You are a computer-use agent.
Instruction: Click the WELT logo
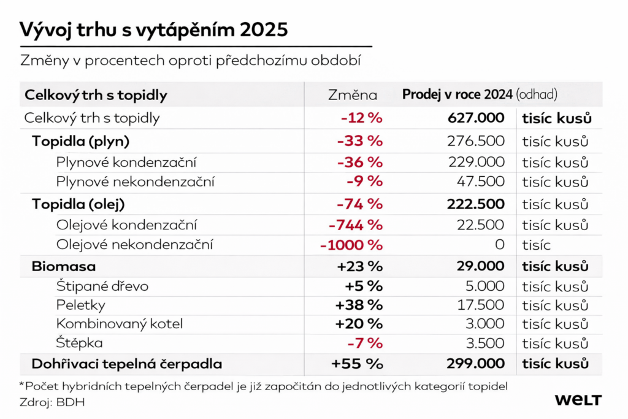click(x=578, y=400)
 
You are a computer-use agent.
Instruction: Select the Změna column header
click(x=353, y=95)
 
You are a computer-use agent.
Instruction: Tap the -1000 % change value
click(x=351, y=245)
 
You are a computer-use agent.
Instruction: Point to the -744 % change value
click(x=356, y=225)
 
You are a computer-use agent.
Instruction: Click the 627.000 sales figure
click(x=476, y=118)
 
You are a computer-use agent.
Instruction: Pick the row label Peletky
click(x=80, y=305)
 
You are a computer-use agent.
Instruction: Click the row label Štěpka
click(x=79, y=343)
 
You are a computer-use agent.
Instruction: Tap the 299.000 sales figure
click(x=476, y=364)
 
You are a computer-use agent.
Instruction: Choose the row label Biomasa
click(x=64, y=267)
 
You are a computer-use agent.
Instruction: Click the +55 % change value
click(x=357, y=364)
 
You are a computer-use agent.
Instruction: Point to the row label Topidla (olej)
click(x=82, y=204)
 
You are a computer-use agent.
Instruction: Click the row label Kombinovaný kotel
click(x=120, y=324)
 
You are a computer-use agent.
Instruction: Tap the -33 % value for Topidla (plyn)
click(x=360, y=142)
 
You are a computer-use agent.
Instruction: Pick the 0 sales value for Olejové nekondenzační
click(x=499, y=245)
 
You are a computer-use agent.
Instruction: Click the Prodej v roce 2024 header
click(x=458, y=94)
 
